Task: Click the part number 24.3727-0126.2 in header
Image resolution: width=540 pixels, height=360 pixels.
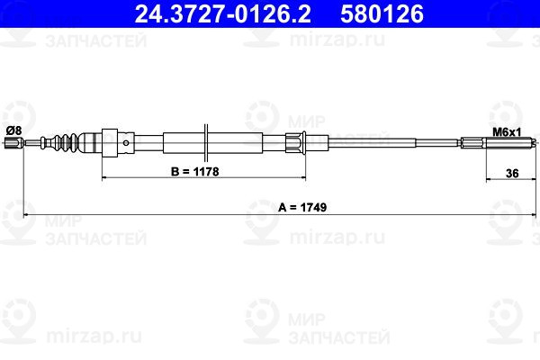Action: click(223, 14)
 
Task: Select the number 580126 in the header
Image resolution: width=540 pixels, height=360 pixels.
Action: click(382, 14)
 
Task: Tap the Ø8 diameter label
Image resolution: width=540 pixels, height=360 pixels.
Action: click(13, 130)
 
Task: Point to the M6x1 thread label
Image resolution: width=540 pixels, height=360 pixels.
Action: click(507, 132)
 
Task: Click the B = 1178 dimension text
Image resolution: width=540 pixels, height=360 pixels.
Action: click(195, 171)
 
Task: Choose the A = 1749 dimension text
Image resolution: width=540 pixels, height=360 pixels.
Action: click(302, 207)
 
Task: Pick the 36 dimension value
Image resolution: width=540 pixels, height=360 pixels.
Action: click(512, 174)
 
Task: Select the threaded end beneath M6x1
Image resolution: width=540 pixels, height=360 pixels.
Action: click(510, 142)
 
